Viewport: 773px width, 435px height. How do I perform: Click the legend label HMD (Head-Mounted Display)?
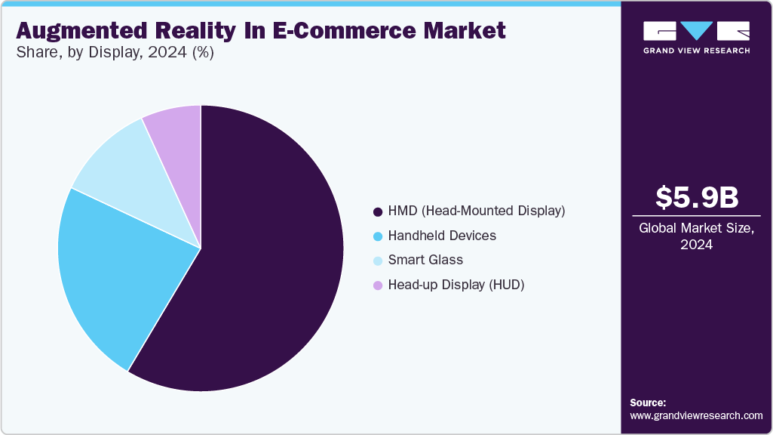(476, 211)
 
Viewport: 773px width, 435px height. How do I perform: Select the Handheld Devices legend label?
(442, 236)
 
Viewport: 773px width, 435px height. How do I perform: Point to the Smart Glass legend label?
(425, 260)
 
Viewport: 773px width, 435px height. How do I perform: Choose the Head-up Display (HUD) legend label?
(456, 285)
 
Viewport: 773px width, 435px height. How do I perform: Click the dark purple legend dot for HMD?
(378, 211)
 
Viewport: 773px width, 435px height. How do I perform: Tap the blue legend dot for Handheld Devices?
(378, 236)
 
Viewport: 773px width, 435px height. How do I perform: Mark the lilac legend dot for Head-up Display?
(378, 285)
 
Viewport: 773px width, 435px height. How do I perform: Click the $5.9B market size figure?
(697, 197)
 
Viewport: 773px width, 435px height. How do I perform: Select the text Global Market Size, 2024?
(697, 236)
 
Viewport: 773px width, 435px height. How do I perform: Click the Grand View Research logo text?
(696, 51)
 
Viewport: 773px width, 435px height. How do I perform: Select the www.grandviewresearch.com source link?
(696, 415)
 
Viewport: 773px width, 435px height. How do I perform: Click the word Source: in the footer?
(648, 403)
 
